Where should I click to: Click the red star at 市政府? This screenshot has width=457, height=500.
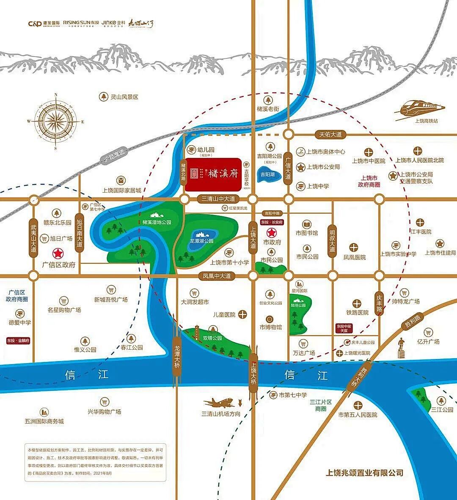point(272,232)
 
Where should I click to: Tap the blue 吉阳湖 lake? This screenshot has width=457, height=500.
point(267,175)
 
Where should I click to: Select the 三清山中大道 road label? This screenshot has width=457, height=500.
point(218,199)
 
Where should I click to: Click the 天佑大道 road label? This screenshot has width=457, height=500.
point(330,134)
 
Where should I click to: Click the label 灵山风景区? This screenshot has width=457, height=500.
point(124,97)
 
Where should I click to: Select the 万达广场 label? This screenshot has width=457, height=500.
point(304,353)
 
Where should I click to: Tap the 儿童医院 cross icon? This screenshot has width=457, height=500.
point(242,314)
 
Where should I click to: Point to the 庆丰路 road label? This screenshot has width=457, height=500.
point(379,303)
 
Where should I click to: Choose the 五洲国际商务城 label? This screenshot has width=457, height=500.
point(44,421)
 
